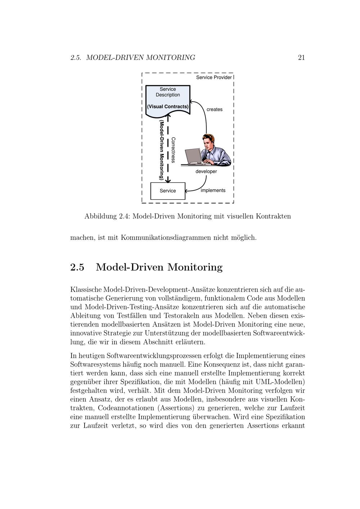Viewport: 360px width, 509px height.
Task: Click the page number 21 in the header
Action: tap(301, 58)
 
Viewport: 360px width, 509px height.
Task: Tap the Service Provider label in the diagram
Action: tap(214, 77)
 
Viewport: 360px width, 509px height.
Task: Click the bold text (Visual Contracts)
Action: tap(168, 107)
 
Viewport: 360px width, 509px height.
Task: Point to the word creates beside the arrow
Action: tap(215, 109)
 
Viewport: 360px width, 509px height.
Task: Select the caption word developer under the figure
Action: tap(206, 172)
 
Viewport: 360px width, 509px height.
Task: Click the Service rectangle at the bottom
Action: tap(168, 191)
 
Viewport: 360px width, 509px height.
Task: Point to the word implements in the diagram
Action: tap(213, 190)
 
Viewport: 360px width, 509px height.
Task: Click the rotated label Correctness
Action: tap(173, 150)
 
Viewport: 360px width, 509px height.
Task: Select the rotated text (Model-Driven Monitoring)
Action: tap(162, 150)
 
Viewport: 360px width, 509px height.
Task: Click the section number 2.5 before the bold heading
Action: tap(77, 267)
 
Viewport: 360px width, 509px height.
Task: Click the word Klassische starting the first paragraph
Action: tap(86, 289)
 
